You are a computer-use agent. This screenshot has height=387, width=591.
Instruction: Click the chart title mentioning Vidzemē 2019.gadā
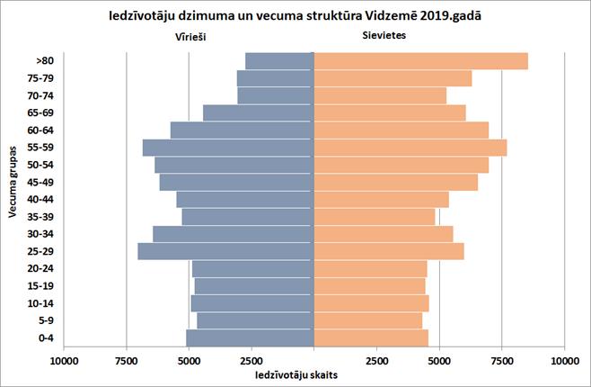tap(295, 16)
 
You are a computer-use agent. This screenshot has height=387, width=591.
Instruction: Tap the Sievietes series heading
tap(380, 37)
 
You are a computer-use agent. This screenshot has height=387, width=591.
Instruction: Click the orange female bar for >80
tap(420, 61)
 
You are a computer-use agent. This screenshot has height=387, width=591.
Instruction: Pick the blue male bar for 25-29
tap(225, 251)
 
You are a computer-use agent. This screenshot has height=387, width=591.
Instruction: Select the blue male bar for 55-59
tap(228, 148)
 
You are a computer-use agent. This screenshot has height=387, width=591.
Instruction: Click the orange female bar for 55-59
tap(410, 148)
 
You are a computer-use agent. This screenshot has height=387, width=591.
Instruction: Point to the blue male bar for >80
tap(279, 61)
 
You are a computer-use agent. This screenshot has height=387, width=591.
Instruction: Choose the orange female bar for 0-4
tap(371, 337)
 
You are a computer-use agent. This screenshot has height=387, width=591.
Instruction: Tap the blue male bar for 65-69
tap(258, 112)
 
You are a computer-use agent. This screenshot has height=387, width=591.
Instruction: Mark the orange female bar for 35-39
tap(375, 217)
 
